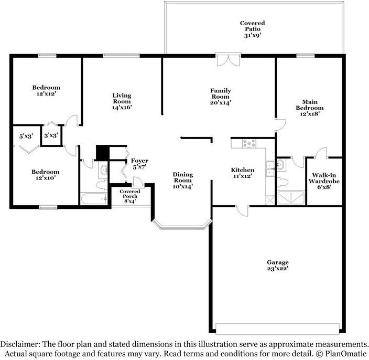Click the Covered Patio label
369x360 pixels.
click(x=253, y=29)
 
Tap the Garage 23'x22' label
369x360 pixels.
click(x=278, y=266)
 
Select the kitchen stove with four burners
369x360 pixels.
click(x=249, y=143)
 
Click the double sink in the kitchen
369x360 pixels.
click(x=270, y=168)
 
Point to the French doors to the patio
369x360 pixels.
click(x=229, y=60)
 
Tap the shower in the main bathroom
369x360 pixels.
click(x=291, y=198)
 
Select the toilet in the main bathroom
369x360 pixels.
click(x=283, y=182)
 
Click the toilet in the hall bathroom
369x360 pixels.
click(x=102, y=185)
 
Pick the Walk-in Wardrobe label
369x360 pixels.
click(x=324, y=181)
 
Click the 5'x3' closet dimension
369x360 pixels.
click(x=26, y=136)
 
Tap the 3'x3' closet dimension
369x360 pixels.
click(x=51, y=135)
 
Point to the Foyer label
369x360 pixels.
click(x=139, y=164)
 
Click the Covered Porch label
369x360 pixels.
click(x=130, y=196)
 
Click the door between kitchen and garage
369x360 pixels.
click(x=242, y=210)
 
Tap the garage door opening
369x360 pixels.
click(x=278, y=329)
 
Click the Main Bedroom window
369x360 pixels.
click(x=305, y=56)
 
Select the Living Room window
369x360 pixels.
click(x=121, y=56)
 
